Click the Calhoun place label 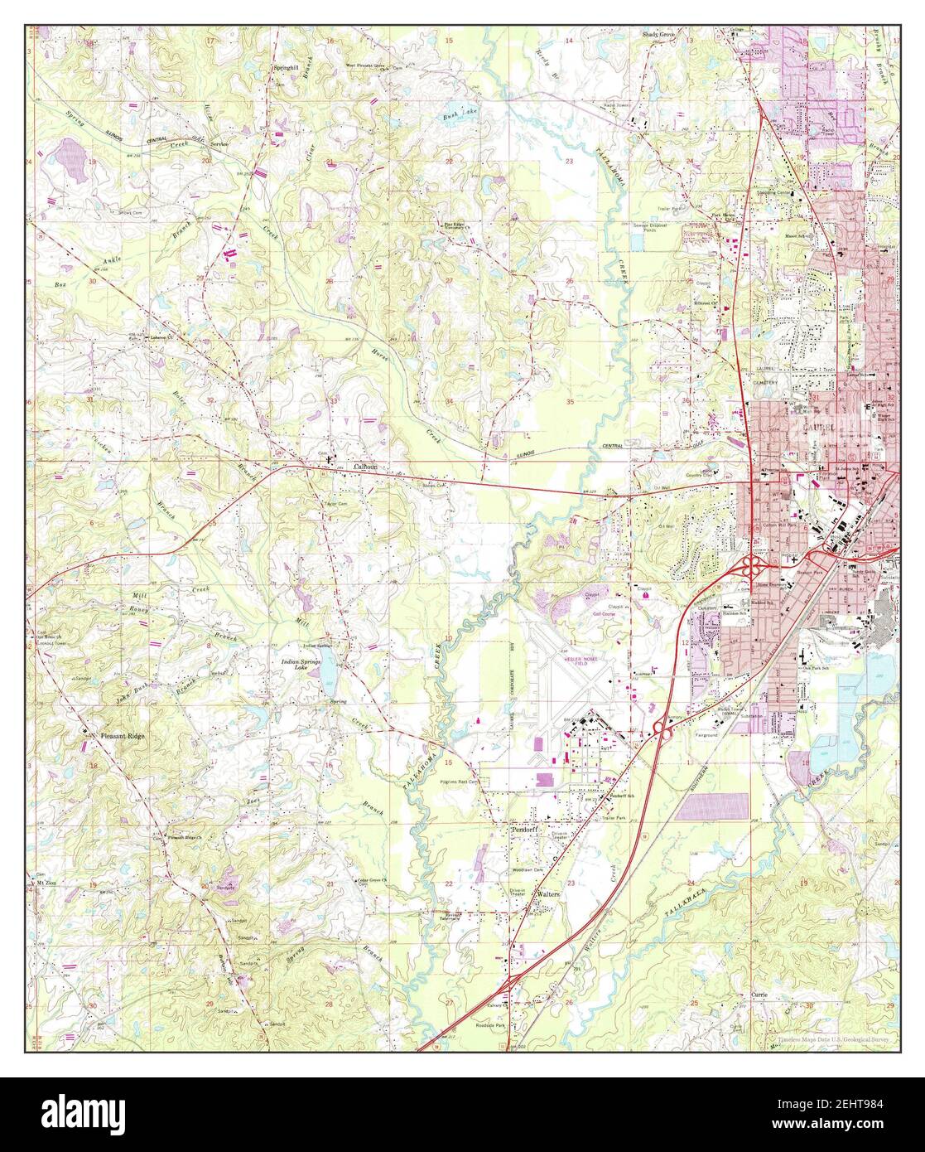click(x=365, y=467)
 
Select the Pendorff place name click(x=525, y=828)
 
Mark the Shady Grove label click(x=659, y=35)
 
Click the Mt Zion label click(x=45, y=883)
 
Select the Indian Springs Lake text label click(x=300, y=666)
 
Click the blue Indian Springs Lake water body click(x=329, y=664)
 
